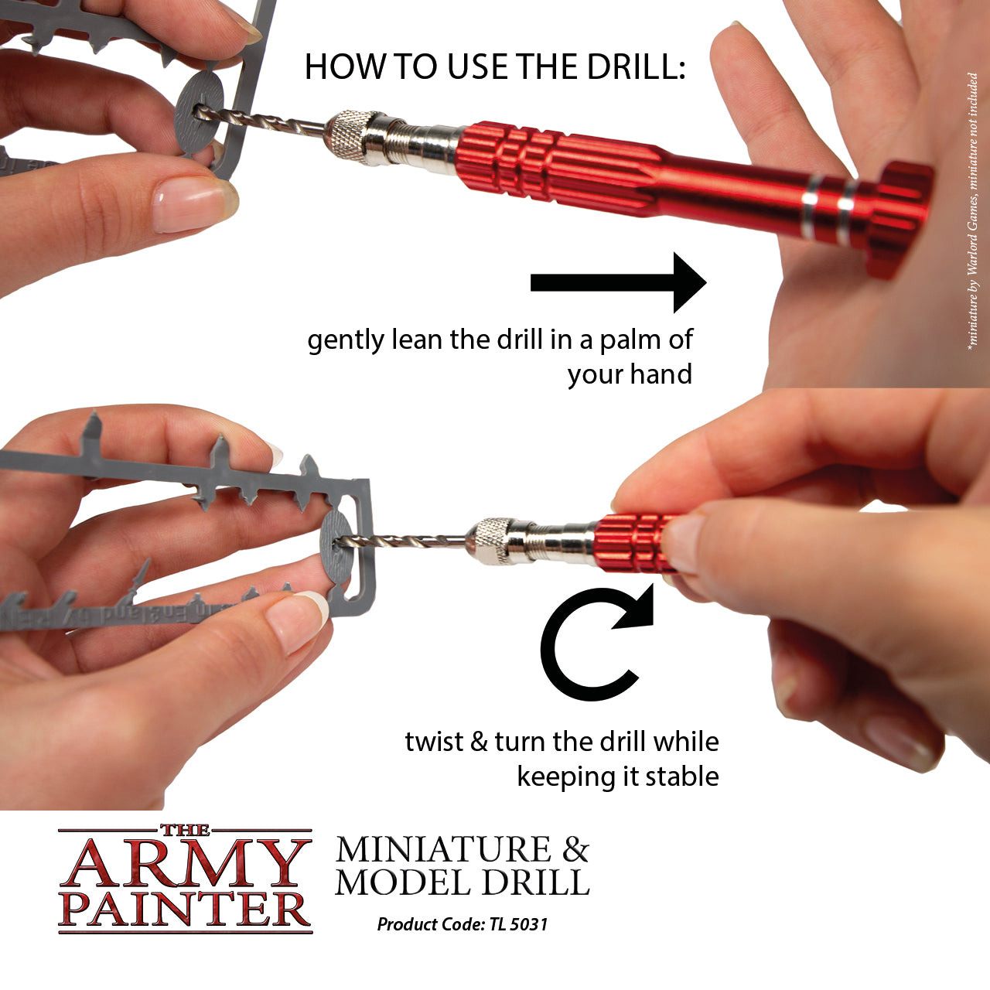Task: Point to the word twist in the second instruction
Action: [433, 742]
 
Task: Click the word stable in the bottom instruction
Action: [681, 777]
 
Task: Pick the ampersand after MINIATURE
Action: [575, 849]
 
